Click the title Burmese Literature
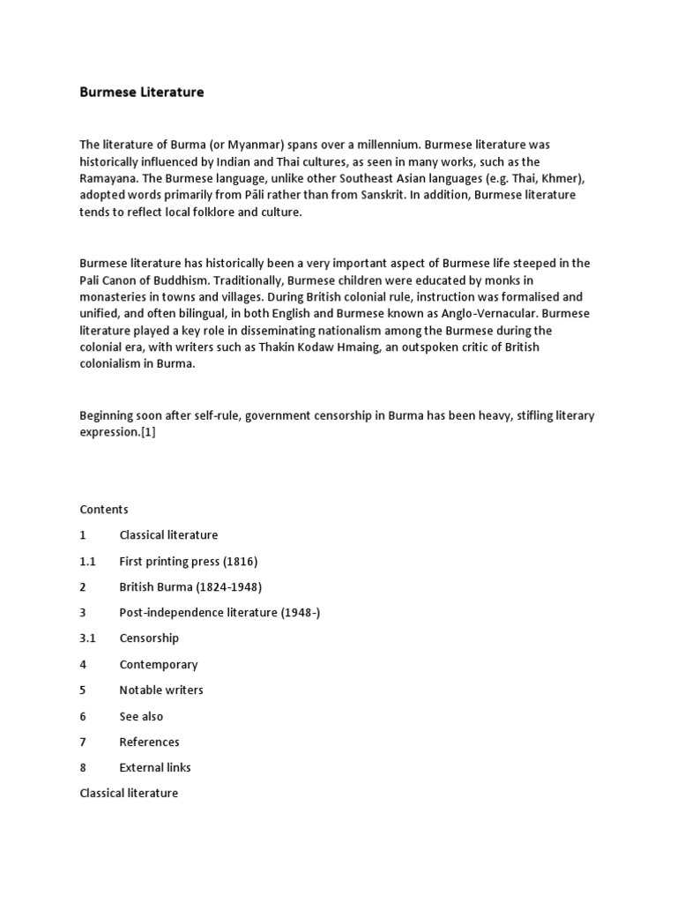click(142, 92)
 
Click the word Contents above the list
click(104, 509)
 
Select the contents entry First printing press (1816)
click(188, 561)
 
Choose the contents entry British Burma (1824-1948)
click(190, 586)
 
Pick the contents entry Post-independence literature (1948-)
click(219, 612)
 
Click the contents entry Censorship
click(149, 638)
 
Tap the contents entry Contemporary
click(159, 664)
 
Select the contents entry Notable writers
click(161, 690)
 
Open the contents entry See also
click(141, 716)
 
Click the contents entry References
click(149, 742)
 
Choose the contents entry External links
click(155, 767)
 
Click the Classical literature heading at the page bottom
click(129, 793)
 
